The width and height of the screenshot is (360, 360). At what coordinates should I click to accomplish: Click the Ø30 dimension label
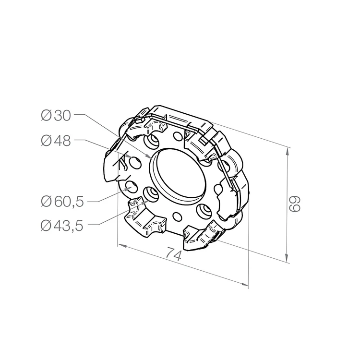pos(56,115)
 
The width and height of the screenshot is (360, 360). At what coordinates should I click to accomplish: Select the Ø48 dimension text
pos(56,141)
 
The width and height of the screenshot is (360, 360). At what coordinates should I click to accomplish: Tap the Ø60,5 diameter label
pos(62,202)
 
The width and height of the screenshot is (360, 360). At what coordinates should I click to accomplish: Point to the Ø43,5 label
pos(62,226)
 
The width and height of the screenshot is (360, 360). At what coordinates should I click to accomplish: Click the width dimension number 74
pos(174,254)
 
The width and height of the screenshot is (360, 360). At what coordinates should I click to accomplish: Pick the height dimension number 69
pos(294,204)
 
